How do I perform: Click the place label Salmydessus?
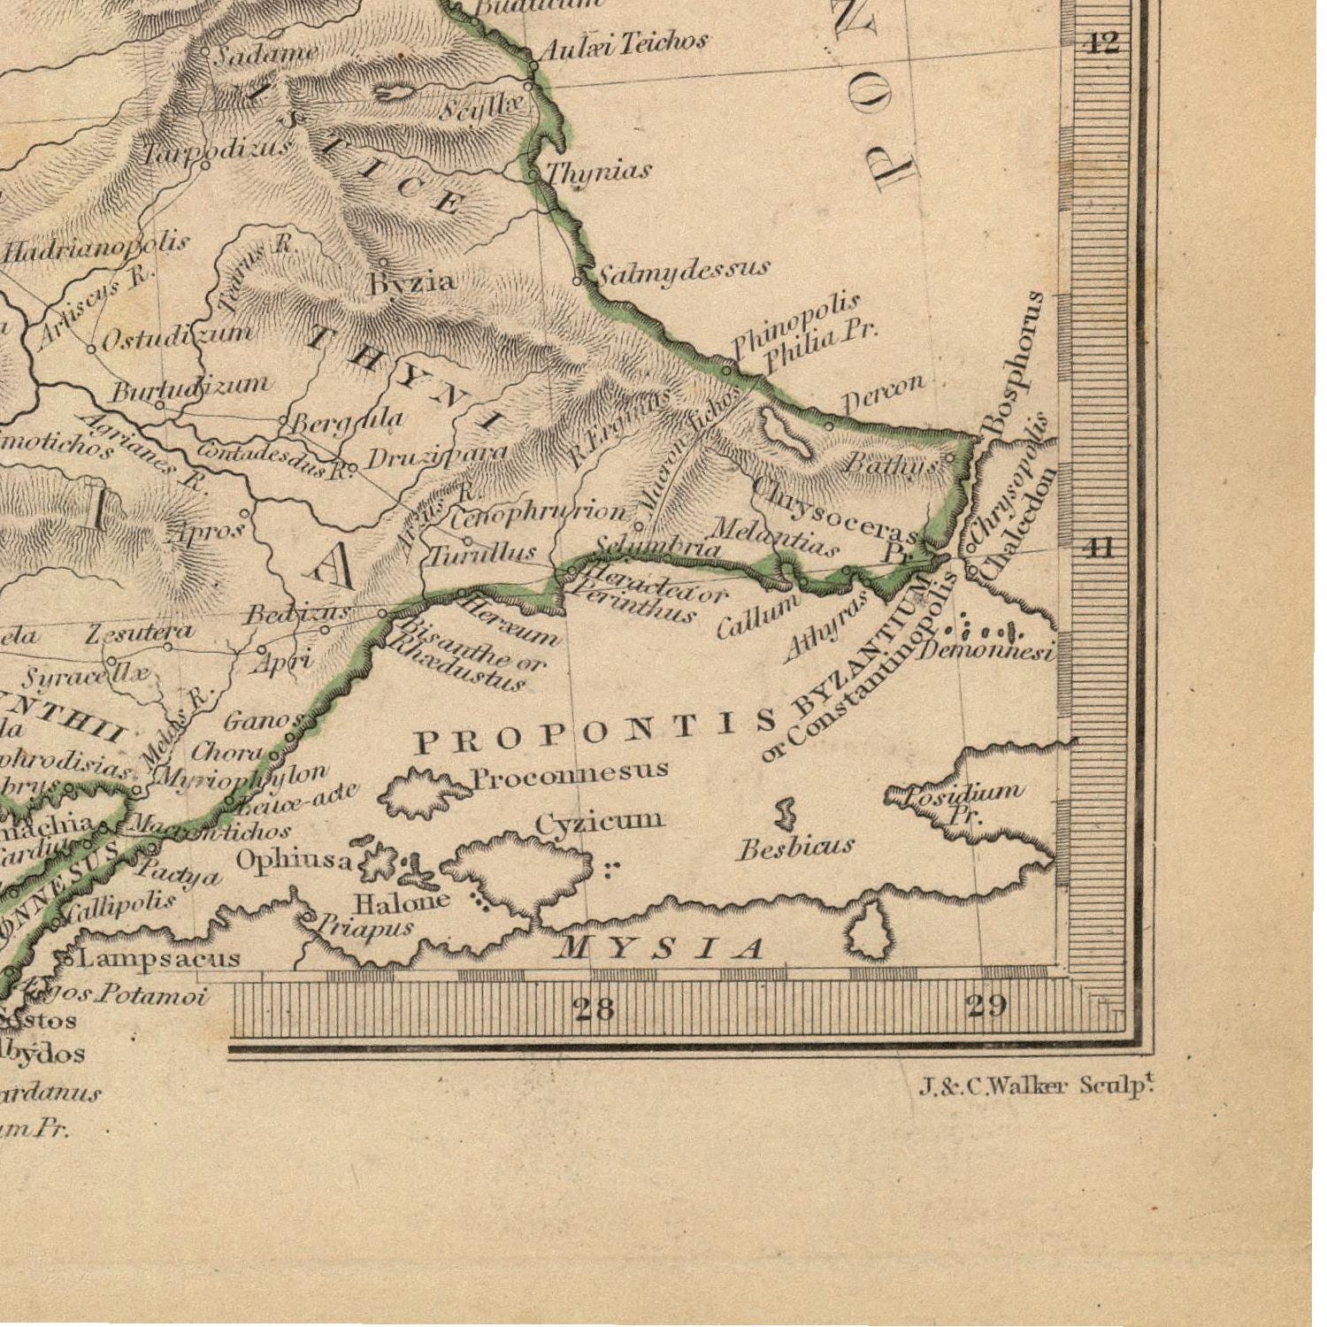pyautogui.click(x=681, y=270)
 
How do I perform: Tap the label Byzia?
pyautogui.click(x=412, y=282)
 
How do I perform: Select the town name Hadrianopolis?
pyautogui.click(x=96, y=248)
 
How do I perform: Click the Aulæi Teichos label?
pyautogui.click(x=623, y=42)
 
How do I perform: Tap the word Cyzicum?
pyautogui.click(x=599, y=822)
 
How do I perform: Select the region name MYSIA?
pyautogui.click(x=659, y=948)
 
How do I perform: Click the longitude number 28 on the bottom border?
pyautogui.click(x=594, y=1008)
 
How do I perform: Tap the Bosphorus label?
pyautogui.click(x=1015, y=363)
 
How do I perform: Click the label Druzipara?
pyautogui.click(x=436, y=456)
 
